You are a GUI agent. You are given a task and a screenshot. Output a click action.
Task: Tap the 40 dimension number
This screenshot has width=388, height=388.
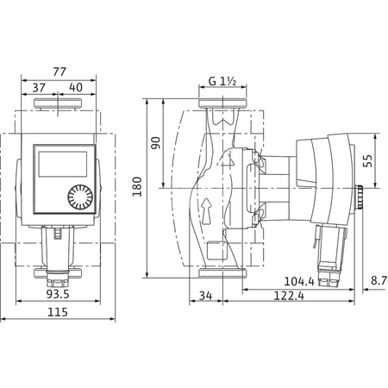[75, 87]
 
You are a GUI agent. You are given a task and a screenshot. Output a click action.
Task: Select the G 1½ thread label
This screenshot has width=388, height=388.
[222, 83]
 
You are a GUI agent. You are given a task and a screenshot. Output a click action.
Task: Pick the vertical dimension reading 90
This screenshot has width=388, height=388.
[156, 143]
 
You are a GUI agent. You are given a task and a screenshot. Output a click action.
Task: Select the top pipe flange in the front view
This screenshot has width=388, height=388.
[58, 109]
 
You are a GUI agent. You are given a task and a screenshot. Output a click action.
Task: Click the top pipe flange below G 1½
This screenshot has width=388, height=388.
[222, 106]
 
